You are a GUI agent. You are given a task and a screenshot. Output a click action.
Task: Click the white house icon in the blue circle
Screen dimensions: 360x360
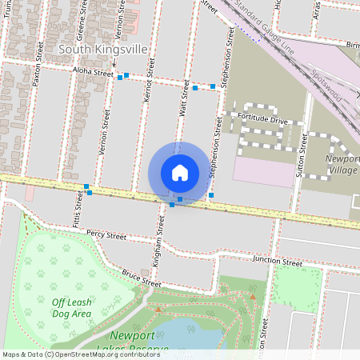180,173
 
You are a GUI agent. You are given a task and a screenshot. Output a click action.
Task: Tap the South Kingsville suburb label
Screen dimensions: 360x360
103,49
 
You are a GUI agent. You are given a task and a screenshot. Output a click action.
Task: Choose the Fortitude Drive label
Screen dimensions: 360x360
262,118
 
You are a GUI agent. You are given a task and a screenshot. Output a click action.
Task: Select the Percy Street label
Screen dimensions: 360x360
106,236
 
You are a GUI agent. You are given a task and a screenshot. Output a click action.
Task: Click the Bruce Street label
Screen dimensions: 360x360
141,278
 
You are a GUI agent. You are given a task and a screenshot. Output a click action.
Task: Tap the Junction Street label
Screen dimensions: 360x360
277,262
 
